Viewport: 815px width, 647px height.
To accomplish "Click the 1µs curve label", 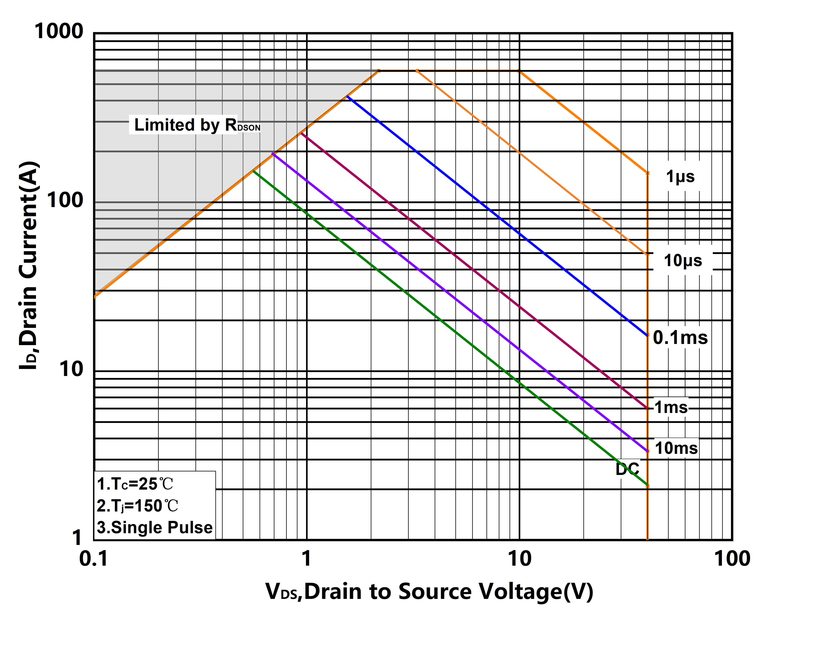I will click(x=680, y=177).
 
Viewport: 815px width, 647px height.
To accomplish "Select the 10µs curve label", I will click(x=683, y=261).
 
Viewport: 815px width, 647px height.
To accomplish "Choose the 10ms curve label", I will click(x=676, y=448).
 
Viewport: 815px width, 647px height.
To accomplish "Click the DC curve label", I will click(x=627, y=469).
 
